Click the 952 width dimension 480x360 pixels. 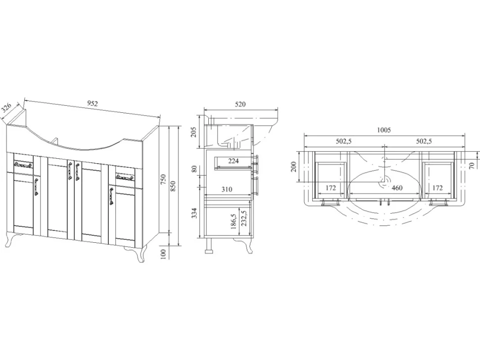click(93, 103)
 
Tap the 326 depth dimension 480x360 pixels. click(6, 108)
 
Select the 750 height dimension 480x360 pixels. click(163, 179)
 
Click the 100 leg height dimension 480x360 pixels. click(163, 254)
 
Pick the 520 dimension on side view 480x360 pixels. click(240, 104)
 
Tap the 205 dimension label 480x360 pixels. click(194, 132)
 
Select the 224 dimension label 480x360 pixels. click(233, 161)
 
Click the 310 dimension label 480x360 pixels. click(227, 189)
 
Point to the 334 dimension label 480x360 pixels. click(194, 213)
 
